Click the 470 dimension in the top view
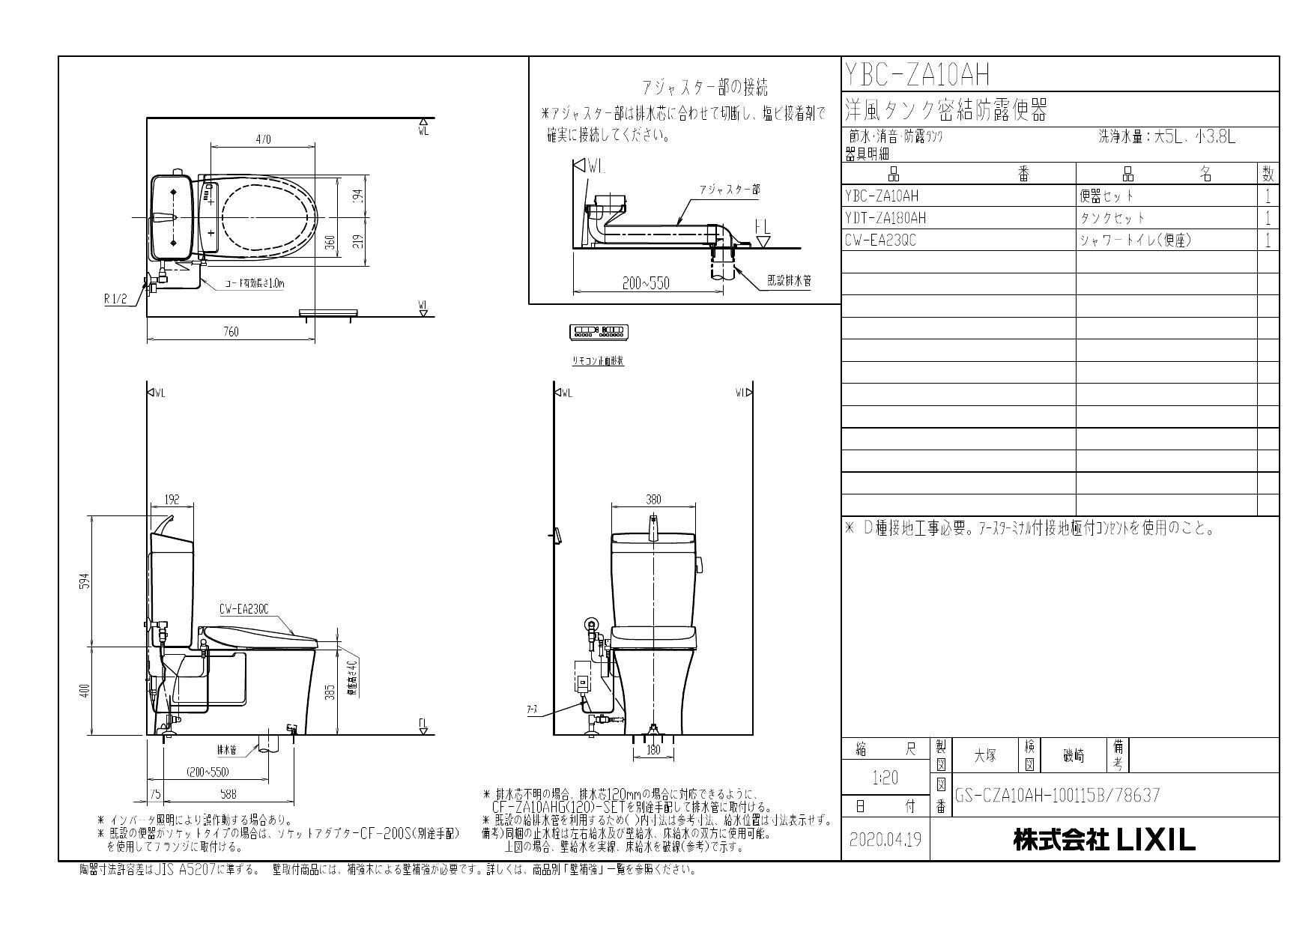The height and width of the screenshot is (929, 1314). coord(263,139)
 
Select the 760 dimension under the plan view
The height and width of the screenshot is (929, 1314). coord(231,332)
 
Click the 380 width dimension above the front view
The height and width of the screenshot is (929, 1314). coord(653,500)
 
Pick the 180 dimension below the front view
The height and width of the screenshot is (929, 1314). coord(653,749)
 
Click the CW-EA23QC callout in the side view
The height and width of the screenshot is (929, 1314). coord(244,609)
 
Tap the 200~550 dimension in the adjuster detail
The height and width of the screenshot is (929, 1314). coord(646,283)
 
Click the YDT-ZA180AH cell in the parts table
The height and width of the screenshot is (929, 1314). coord(885,218)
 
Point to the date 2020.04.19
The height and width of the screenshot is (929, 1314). coord(885,840)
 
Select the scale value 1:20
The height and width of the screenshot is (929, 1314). coord(885,778)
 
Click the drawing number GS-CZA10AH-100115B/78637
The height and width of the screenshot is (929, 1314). coord(1057,795)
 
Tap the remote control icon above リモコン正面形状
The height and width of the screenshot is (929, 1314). coord(600,331)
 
